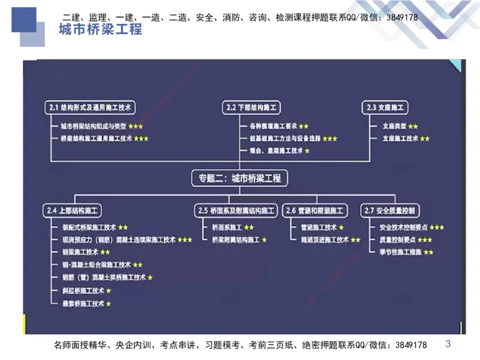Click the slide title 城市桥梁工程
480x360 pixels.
101,30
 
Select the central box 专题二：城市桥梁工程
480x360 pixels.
239,178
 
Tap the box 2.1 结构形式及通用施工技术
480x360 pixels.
89,107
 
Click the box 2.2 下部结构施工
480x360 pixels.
251,107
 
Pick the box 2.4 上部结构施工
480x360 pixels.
74,211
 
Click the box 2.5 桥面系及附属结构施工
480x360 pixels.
237,211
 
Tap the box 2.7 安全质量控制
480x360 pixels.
391,211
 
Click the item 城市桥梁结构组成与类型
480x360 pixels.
94,127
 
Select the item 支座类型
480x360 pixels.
394,127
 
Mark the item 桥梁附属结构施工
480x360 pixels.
235,239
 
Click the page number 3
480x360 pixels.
448,344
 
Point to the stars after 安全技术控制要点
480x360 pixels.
437,227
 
